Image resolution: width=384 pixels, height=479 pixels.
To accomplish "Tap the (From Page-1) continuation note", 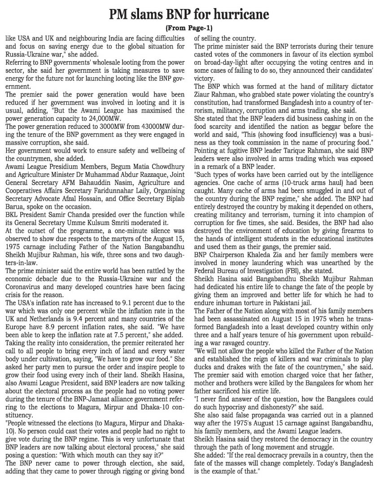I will [191, 28].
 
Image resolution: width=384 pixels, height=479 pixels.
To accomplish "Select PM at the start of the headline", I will [122, 15].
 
